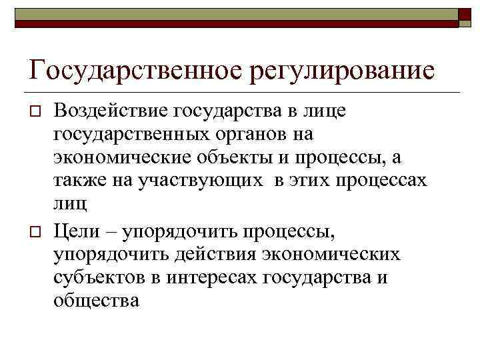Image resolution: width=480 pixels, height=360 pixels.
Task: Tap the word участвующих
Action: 196,181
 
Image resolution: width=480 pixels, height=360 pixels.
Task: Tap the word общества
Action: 97,301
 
